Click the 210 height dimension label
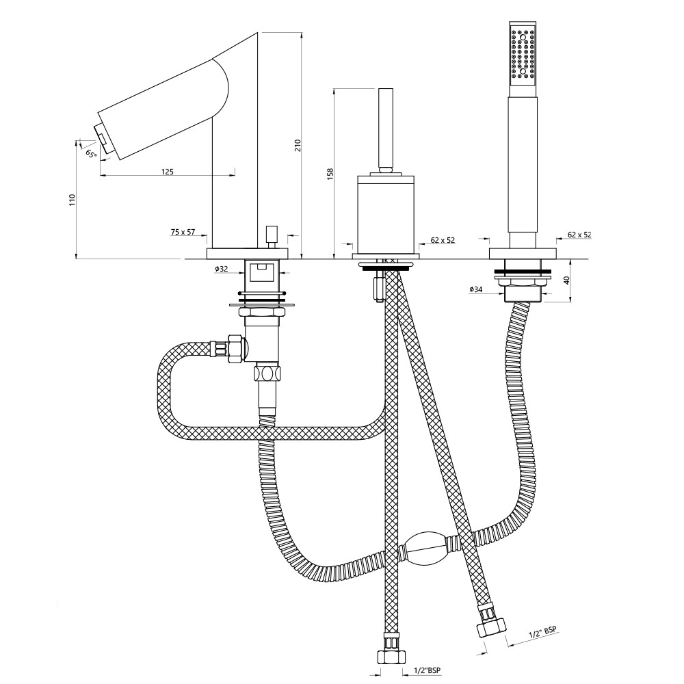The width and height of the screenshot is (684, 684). coord(298,145)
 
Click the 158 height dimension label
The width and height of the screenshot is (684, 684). coord(330,174)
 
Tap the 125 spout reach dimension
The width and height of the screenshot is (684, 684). coord(168,172)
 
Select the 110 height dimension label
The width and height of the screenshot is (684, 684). coord(73,200)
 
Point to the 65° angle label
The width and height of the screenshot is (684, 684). coord(91,153)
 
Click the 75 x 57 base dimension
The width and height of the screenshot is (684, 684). coord(183,232)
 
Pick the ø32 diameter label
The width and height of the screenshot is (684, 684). coord(221,269)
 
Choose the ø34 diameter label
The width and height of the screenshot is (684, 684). coord(476,289)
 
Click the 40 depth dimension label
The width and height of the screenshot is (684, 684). coord(566,280)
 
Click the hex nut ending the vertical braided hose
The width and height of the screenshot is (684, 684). coord(391,657)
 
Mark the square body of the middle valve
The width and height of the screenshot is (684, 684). coord(386,213)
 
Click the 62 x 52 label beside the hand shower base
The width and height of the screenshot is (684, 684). coord(579,235)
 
